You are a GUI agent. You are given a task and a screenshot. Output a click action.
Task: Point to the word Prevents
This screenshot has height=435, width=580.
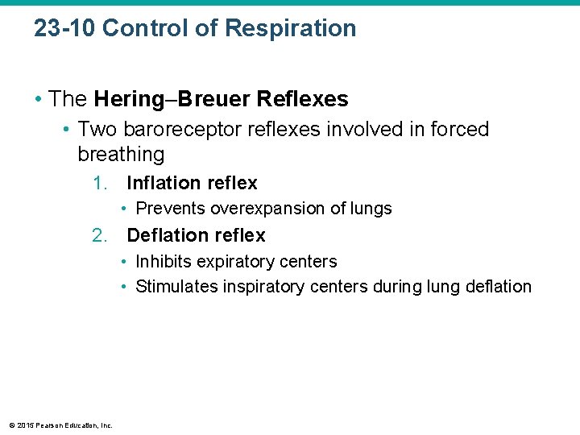tap(170, 209)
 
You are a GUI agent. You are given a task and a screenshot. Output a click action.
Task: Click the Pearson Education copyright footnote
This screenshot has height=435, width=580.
tap(60, 425)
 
